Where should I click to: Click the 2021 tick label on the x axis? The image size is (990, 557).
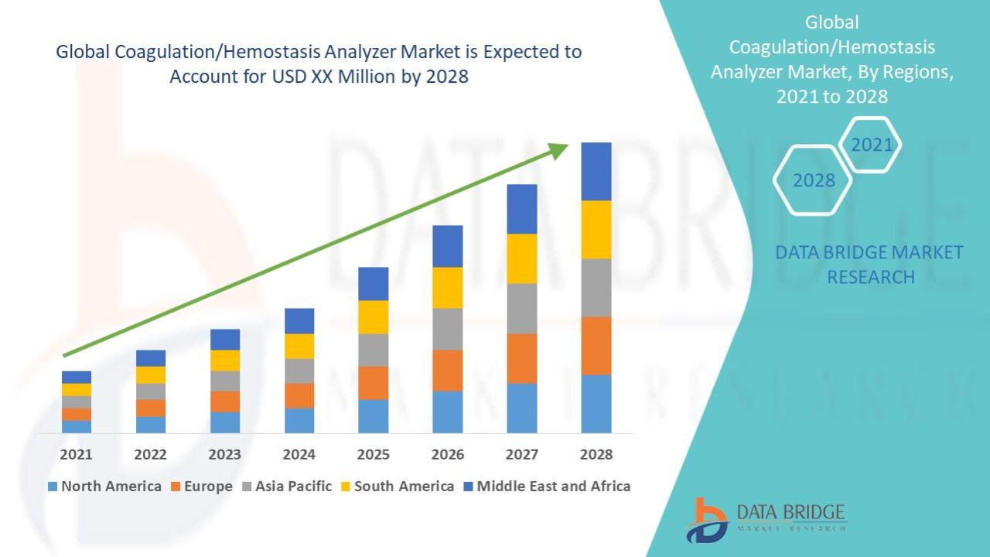[x=76, y=454]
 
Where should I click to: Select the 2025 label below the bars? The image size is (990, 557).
[x=373, y=454]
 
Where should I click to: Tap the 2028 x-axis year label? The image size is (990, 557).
[x=596, y=454]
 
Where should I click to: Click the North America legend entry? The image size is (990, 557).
[x=104, y=487]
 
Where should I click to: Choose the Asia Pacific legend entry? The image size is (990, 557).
[x=287, y=487]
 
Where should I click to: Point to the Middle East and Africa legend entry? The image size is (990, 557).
[x=546, y=487]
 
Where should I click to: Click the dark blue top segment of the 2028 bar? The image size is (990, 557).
[x=596, y=171]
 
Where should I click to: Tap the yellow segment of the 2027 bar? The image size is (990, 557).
[x=521, y=258]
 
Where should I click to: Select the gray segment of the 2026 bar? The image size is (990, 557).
[x=447, y=329]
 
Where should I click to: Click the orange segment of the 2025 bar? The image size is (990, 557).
[x=373, y=382]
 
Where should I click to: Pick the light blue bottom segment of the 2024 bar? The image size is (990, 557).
[x=299, y=420]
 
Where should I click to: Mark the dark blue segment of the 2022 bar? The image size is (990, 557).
[x=150, y=357]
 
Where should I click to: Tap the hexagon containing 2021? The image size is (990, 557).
[x=871, y=145]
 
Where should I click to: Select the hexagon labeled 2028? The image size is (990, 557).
[x=814, y=180]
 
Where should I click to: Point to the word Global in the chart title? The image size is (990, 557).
[x=82, y=53]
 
